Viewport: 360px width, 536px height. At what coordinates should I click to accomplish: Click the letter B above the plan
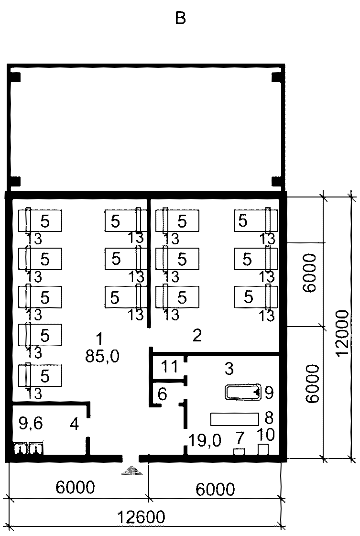(180, 18)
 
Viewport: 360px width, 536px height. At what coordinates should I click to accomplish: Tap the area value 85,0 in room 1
(102, 357)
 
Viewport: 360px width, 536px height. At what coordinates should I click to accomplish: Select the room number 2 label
(197, 336)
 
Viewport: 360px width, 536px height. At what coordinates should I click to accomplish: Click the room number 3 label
(229, 369)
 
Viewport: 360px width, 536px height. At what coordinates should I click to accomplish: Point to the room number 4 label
(74, 424)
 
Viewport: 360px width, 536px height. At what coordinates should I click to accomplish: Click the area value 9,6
(31, 424)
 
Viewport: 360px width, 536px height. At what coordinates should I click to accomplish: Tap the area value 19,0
(205, 441)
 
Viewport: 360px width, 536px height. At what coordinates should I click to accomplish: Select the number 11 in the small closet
(170, 366)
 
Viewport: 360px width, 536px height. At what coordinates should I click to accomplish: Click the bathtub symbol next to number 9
(243, 392)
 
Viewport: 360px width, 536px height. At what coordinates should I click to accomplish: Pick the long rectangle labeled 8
(235, 419)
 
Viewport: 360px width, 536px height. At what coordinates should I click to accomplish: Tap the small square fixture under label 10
(263, 449)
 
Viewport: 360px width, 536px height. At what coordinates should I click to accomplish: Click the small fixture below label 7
(239, 451)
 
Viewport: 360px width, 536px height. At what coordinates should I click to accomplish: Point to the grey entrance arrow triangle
(131, 470)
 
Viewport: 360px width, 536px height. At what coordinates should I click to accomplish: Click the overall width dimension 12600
(141, 517)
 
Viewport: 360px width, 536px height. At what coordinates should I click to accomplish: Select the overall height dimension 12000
(342, 333)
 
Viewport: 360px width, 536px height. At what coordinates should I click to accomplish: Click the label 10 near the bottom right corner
(265, 435)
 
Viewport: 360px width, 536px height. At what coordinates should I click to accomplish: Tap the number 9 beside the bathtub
(269, 393)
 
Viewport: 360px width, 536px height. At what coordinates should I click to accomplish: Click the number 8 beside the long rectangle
(269, 418)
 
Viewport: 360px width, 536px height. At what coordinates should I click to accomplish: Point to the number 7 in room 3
(240, 438)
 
